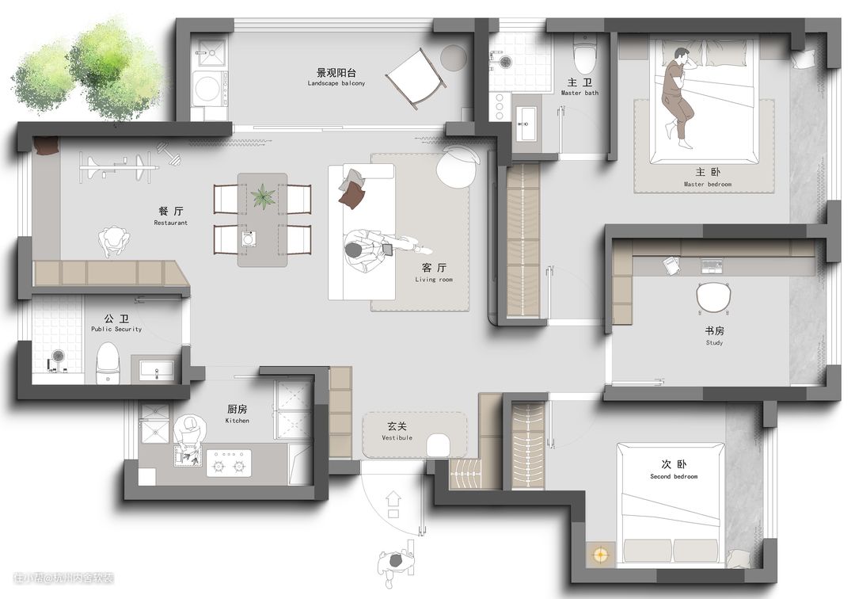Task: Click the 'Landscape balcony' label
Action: pos(336,83)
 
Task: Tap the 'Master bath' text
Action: pos(579,93)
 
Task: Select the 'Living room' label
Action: pos(434,280)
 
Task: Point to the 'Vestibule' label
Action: pos(397,438)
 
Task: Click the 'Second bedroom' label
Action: pos(674,477)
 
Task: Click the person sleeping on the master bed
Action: pos(677,97)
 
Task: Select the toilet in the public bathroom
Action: pos(108,364)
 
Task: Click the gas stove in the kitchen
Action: pos(229,464)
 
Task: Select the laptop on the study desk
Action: pos(711,265)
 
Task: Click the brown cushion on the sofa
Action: pos(351,194)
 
